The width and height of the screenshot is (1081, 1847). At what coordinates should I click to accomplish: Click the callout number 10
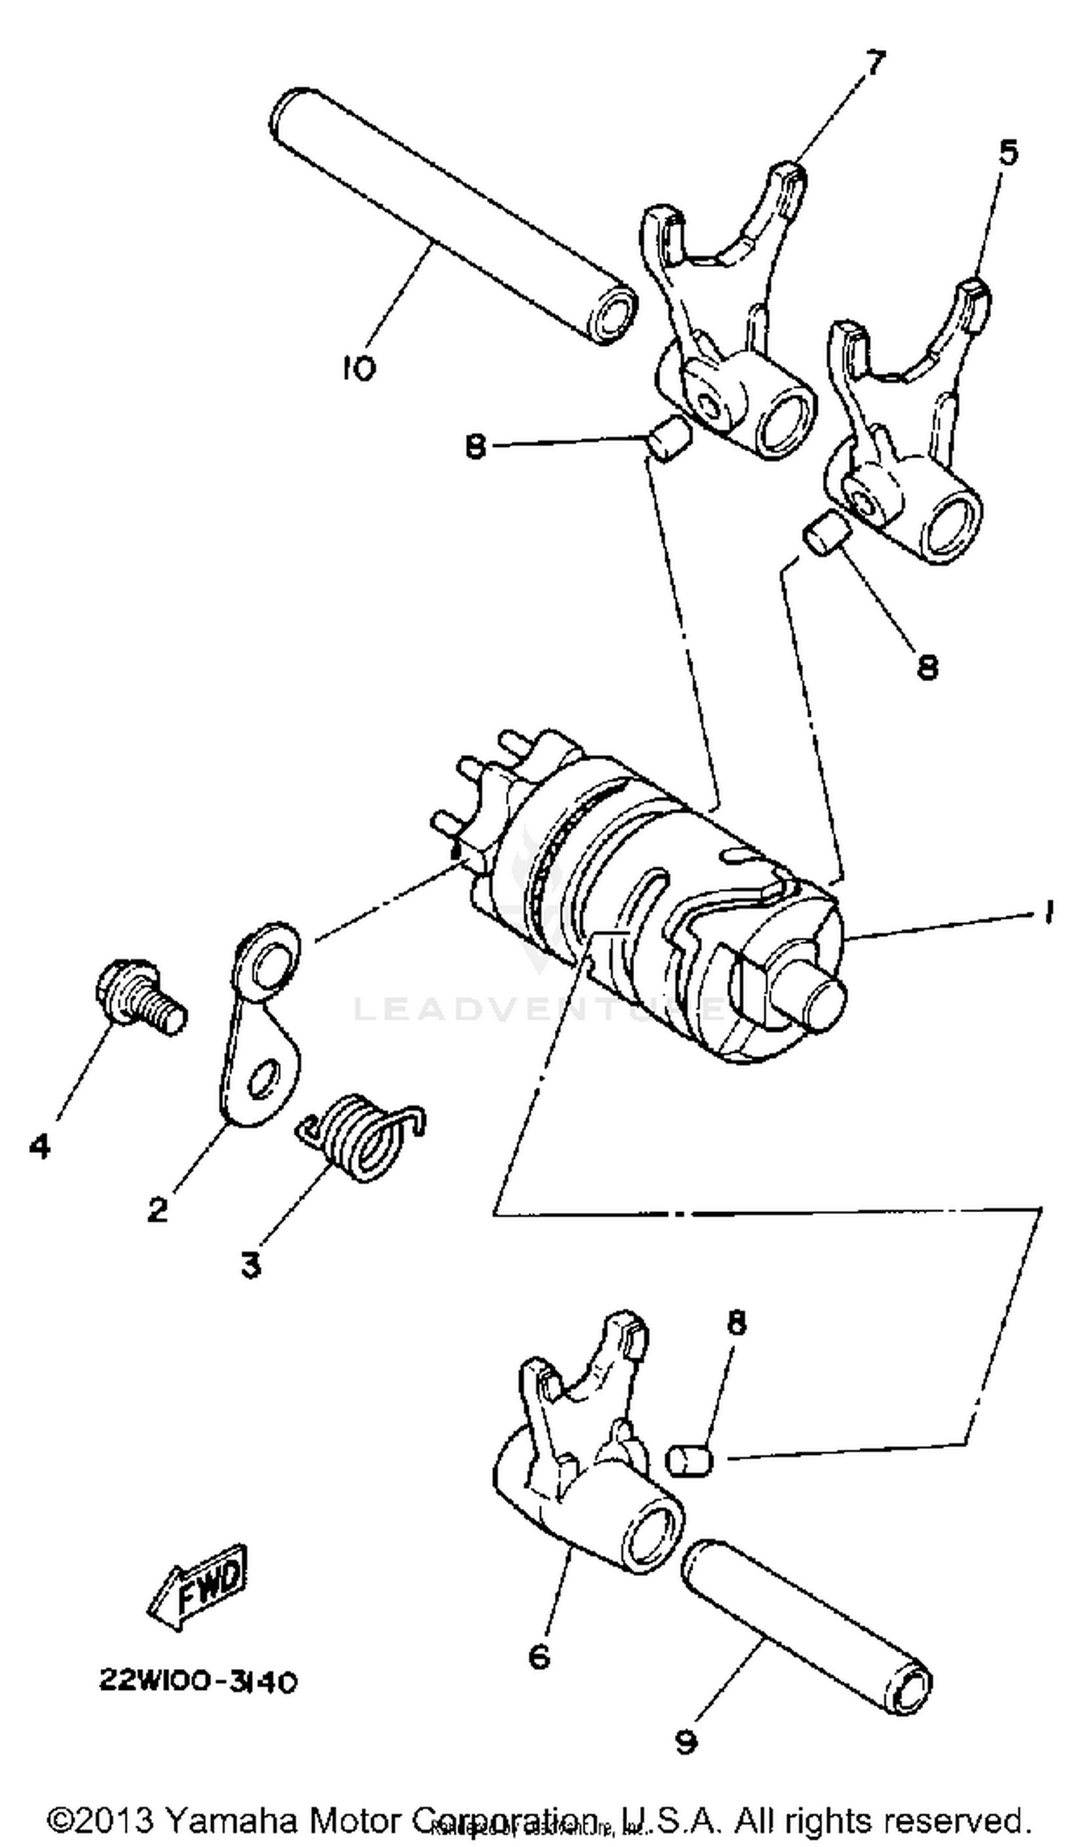pyautogui.click(x=359, y=368)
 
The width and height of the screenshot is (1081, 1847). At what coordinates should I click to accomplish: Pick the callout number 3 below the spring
pyautogui.click(x=251, y=1264)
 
